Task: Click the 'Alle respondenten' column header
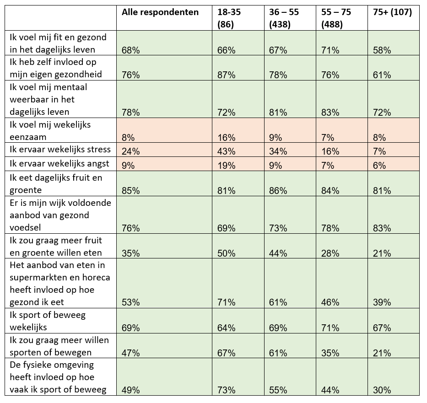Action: click(x=160, y=12)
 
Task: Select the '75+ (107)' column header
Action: click(x=392, y=12)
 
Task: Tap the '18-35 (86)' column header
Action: click(x=229, y=18)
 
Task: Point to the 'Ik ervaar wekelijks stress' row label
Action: click(x=60, y=150)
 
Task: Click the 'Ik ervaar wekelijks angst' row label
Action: click(x=59, y=164)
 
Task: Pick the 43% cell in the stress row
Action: click(x=226, y=151)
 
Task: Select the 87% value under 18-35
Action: click(x=226, y=75)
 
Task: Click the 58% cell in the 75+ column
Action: click(x=382, y=50)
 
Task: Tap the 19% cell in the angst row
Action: click(x=226, y=166)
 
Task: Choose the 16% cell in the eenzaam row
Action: click(x=226, y=137)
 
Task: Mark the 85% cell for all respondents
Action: click(x=131, y=190)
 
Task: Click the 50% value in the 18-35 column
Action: click(x=226, y=253)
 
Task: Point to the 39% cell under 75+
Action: click(x=382, y=302)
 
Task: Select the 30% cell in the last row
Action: click(x=382, y=390)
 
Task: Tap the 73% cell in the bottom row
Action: click(x=226, y=390)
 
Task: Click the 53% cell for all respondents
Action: click(x=131, y=302)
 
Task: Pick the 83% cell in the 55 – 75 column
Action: click(x=330, y=112)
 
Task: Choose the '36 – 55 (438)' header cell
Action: click(x=284, y=18)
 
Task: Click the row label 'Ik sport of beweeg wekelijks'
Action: click(x=48, y=321)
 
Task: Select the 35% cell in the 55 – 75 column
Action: click(x=330, y=353)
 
